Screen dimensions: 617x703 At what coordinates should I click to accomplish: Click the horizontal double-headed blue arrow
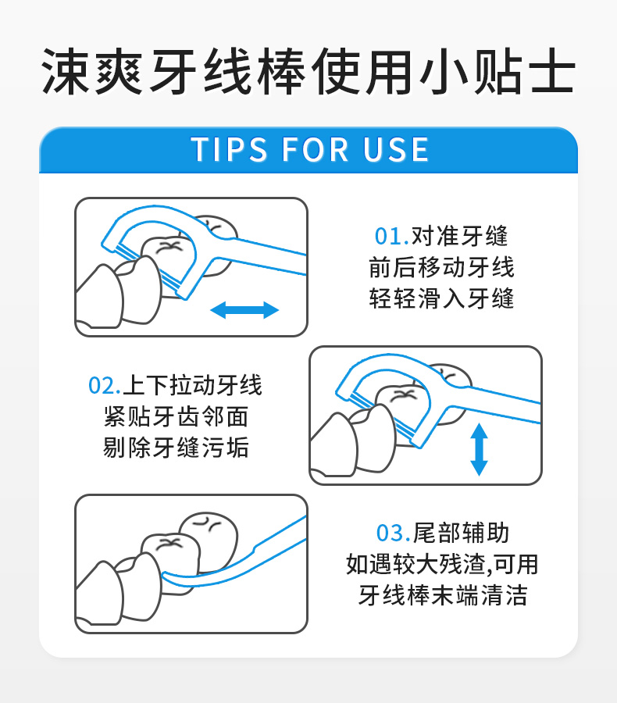pos(244,310)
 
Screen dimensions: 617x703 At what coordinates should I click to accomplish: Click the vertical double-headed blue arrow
pos(479,449)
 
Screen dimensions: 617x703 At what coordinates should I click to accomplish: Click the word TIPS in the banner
pos(229,149)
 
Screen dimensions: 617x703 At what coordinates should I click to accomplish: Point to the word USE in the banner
pos(396,149)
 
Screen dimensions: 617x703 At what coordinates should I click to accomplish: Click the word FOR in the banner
pos(316,149)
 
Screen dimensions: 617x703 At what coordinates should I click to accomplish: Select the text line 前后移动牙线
pos(441,267)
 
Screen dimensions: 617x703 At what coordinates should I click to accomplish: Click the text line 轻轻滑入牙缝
pos(441,298)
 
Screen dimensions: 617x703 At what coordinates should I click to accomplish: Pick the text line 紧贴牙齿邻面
pos(176,416)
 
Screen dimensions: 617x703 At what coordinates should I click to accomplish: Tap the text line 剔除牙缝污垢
pos(176,448)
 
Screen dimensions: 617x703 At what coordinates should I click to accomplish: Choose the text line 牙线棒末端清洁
pos(443,595)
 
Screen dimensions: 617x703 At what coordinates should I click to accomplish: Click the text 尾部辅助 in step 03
pos(461,533)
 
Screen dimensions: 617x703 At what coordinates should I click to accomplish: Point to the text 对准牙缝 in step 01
pos(459,236)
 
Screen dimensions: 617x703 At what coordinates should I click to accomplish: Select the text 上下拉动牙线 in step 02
pos(192,385)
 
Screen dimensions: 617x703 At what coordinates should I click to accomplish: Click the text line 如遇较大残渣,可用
pos(442,564)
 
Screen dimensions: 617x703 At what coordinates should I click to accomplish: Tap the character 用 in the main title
pos(390,72)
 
